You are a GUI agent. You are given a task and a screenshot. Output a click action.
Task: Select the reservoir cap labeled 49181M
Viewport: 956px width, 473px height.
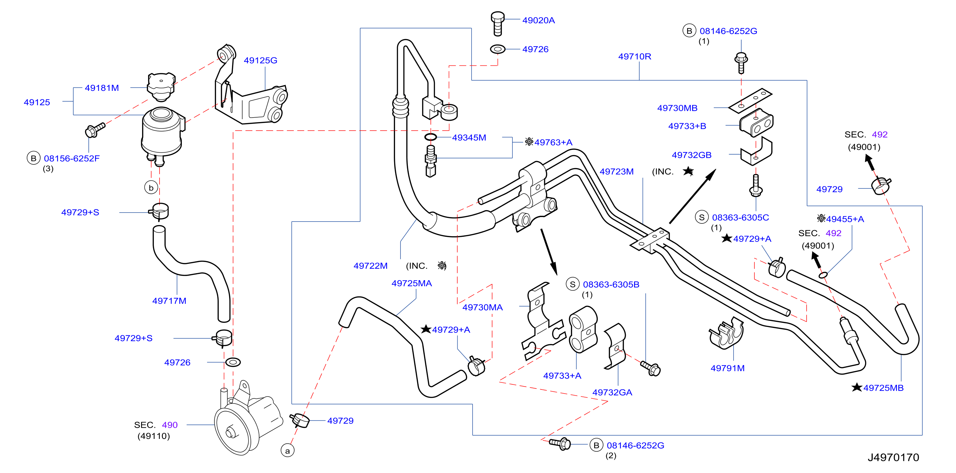(x=161, y=87)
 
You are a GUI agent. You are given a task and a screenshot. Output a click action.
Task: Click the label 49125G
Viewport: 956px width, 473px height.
(x=260, y=61)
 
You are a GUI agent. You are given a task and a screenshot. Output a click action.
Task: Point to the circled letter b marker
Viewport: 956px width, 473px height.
(x=151, y=187)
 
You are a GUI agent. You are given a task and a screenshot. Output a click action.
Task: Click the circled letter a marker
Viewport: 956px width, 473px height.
(x=287, y=451)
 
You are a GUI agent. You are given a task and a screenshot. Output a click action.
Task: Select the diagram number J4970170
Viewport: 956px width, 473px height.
(x=893, y=457)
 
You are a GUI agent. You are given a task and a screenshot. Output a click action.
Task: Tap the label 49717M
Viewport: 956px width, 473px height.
(x=169, y=301)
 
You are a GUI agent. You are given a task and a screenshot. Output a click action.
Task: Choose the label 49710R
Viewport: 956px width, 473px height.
(x=635, y=56)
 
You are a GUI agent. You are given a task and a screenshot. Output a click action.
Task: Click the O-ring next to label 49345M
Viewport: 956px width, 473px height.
(x=430, y=137)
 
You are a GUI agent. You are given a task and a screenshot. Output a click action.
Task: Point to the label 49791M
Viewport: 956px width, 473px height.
(x=728, y=368)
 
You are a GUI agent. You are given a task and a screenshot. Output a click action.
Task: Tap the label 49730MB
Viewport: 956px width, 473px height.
(x=677, y=108)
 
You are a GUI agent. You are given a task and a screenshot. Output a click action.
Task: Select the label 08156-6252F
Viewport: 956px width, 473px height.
(x=71, y=158)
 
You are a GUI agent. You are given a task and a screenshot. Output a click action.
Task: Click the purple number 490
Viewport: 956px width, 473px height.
(x=170, y=425)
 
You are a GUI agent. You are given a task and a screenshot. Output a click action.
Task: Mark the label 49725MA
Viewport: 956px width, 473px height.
(x=412, y=283)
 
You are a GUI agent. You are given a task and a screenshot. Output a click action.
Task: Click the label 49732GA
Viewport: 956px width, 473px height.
(x=612, y=392)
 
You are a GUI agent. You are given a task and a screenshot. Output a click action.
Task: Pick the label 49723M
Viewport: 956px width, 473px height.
(x=616, y=171)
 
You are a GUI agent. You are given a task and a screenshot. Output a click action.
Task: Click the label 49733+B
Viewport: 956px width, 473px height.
(x=687, y=126)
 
